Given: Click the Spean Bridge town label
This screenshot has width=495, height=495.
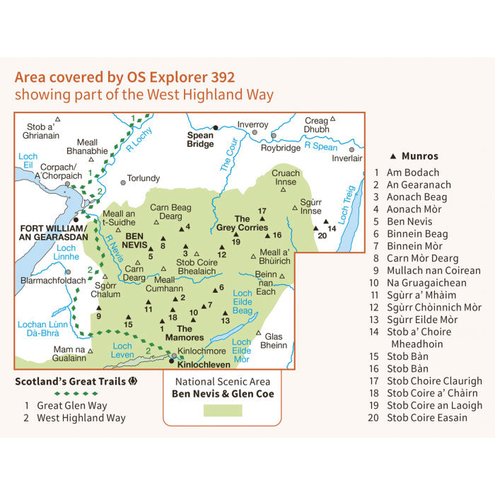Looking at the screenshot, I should click(x=200, y=139).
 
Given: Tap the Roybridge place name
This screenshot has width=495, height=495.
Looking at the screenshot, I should click(x=281, y=148).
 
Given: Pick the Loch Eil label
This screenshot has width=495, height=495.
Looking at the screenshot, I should click(x=28, y=161).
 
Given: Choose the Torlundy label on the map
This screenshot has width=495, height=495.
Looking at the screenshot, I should click(x=144, y=178).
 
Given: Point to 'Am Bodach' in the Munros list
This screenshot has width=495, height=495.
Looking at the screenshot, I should click(x=412, y=173).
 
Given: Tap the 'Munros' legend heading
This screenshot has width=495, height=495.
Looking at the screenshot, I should click(x=419, y=156).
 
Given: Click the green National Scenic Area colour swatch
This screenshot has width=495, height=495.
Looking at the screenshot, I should click(x=222, y=410).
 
